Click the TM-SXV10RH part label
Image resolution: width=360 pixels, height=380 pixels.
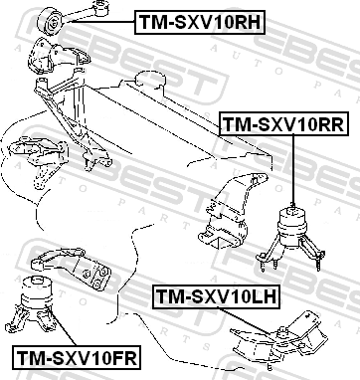[x=200, y=22]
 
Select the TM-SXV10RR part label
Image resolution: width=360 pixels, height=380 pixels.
[x=284, y=124]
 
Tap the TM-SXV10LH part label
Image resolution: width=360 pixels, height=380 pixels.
[x=216, y=296]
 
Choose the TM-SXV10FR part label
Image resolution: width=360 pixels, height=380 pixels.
[x=77, y=357]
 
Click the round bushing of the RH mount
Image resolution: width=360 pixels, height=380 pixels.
[x=51, y=21]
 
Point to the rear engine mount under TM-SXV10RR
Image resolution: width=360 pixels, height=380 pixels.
[x=290, y=238]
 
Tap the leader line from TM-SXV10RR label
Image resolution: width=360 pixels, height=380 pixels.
[x=293, y=170]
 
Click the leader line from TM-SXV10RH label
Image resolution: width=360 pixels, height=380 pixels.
[x=102, y=22]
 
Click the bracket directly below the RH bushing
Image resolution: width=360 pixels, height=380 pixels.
[x=58, y=56]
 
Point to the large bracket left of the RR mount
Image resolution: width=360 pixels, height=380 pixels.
[x=233, y=211]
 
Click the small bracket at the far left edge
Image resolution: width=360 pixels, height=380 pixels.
[x=37, y=160]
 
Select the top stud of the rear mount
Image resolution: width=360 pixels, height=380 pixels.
[x=292, y=206]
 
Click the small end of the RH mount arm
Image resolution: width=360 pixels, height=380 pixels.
[x=100, y=8]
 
